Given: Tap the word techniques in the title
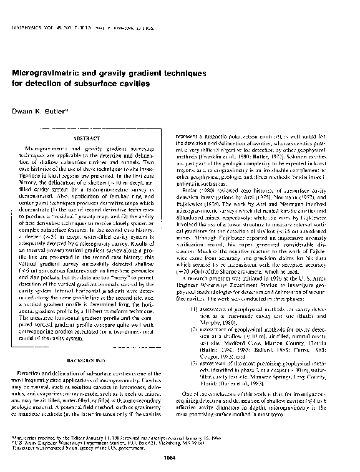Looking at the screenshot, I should click(x=182, y=73).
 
